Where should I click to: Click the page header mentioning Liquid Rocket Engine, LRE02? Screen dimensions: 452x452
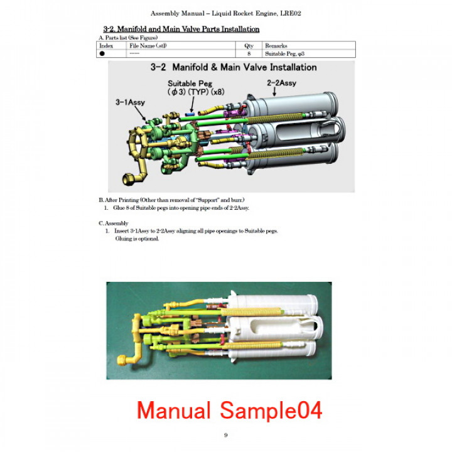coord(225,13)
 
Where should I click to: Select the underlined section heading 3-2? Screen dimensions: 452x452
coord(181,30)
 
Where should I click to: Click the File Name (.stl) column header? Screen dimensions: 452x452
coord(148,46)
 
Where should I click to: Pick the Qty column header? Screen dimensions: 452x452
coord(249,46)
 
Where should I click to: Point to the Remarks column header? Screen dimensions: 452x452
coord(277,46)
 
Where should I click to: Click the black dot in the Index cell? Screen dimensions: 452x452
coord(102,54)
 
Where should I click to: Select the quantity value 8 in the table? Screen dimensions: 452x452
coord(249,54)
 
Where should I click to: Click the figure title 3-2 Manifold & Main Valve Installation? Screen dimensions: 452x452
coord(233,67)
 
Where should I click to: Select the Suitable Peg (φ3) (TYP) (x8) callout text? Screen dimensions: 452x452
coord(196,87)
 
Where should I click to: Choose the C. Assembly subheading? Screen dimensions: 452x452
coord(114,223)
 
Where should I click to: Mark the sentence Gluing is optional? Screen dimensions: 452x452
coord(137,239)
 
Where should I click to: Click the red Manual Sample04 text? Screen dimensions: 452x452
coord(229,410)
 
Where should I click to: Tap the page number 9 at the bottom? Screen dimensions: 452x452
coord(226,436)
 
